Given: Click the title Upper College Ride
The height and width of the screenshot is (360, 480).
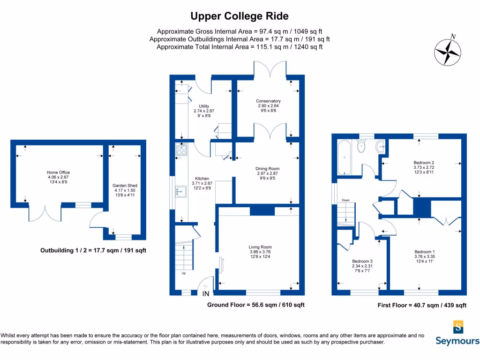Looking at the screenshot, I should (239, 16).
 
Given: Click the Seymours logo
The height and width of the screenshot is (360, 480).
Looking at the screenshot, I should (457, 333).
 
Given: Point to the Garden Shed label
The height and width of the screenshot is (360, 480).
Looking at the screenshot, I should (125, 186).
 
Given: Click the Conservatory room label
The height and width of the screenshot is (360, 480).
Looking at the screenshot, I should (268, 101).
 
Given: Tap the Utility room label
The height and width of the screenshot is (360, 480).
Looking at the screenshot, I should (203, 106).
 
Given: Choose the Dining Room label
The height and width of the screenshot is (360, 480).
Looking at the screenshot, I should (267, 169).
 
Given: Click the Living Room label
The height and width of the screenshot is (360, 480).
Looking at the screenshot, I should (260, 247).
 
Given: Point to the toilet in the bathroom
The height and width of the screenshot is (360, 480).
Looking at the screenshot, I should (361, 147).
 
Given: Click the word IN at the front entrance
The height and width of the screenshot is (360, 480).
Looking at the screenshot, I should (206, 294).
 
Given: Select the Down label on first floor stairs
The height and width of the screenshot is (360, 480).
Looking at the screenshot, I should (345, 200).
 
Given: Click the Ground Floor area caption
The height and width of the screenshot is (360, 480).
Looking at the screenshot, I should (256, 305).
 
